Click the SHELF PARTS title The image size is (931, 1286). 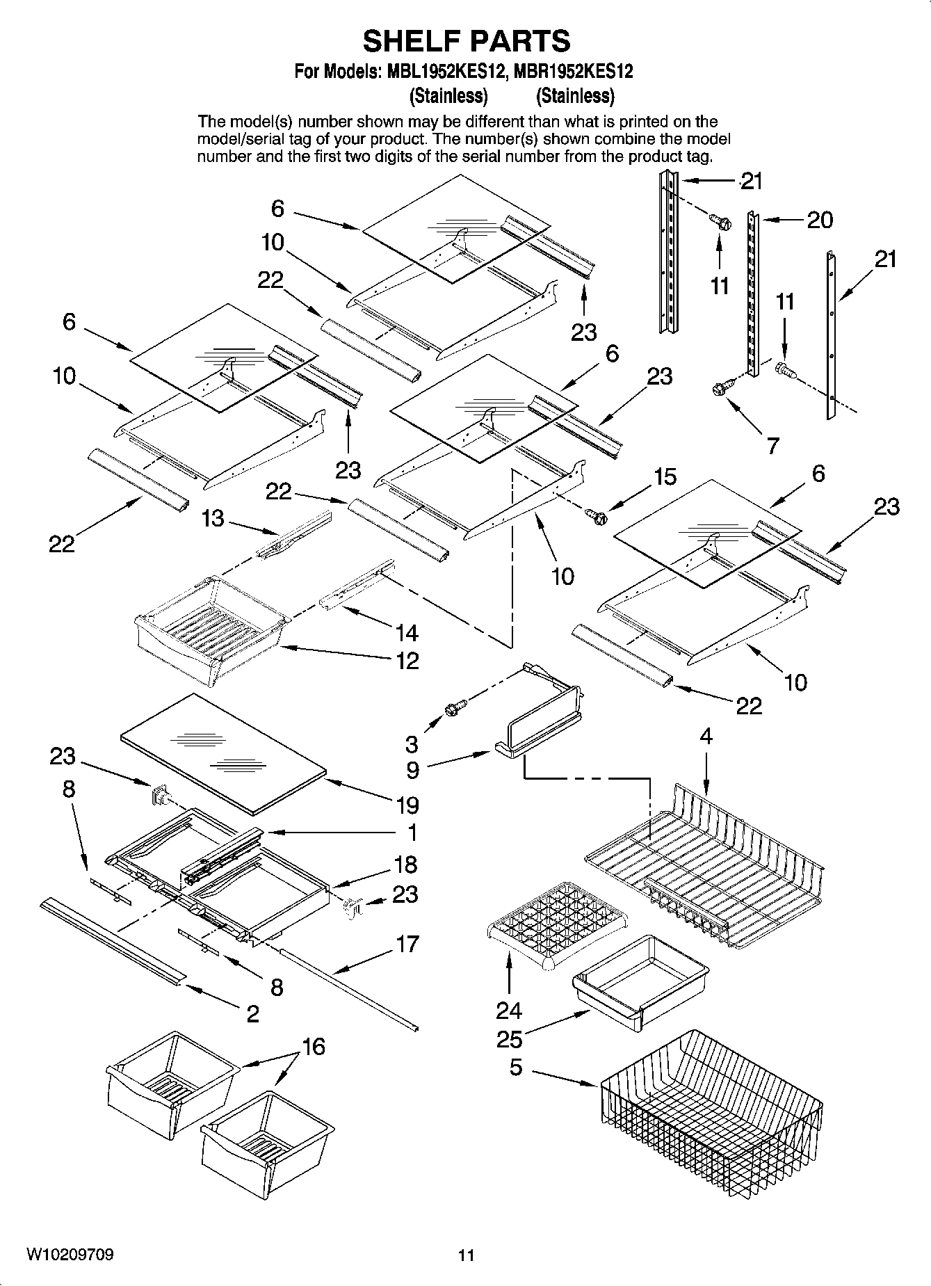pyautogui.click(x=467, y=41)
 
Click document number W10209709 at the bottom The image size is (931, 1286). pyautogui.click(x=70, y=1255)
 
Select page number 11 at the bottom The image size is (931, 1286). pyautogui.click(x=466, y=1256)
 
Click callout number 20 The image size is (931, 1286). pyautogui.click(x=820, y=220)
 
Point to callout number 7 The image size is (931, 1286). pyautogui.click(x=772, y=445)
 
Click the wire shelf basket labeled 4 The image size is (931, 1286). pyautogui.click(x=702, y=862)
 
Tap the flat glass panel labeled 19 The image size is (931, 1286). pyautogui.click(x=222, y=751)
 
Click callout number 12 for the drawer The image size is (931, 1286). pyautogui.click(x=407, y=660)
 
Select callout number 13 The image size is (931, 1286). pyautogui.click(x=213, y=518)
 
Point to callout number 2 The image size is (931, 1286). pyautogui.click(x=252, y=1013)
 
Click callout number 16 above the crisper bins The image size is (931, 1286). pyautogui.click(x=314, y=1046)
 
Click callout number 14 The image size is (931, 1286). pyautogui.click(x=407, y=632)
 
